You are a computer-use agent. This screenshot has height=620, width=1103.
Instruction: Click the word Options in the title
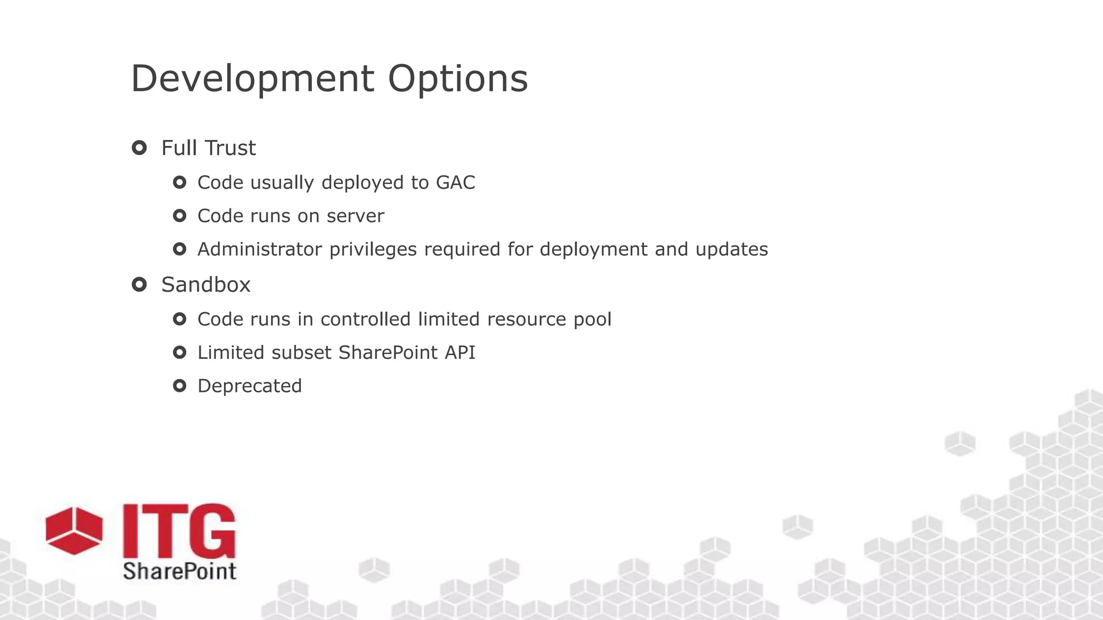[458, 79]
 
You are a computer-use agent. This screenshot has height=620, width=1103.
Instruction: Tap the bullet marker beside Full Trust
[139, 147]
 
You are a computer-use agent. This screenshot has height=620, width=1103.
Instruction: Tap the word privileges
[373, 249]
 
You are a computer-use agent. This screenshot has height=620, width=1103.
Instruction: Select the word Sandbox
[206, 285]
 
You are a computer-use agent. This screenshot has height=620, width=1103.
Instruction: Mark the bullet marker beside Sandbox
[139, 284]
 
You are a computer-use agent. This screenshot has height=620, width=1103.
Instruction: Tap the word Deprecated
[249, 386]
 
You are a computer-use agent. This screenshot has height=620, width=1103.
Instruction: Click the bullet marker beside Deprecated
[179, 385]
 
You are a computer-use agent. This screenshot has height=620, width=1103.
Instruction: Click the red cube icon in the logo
[74, 530]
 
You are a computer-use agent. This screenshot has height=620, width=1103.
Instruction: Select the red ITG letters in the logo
[179, 531]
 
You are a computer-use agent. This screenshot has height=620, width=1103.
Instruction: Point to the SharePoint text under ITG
[179, 571]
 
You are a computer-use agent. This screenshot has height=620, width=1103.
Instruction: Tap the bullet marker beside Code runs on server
[179, 216]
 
